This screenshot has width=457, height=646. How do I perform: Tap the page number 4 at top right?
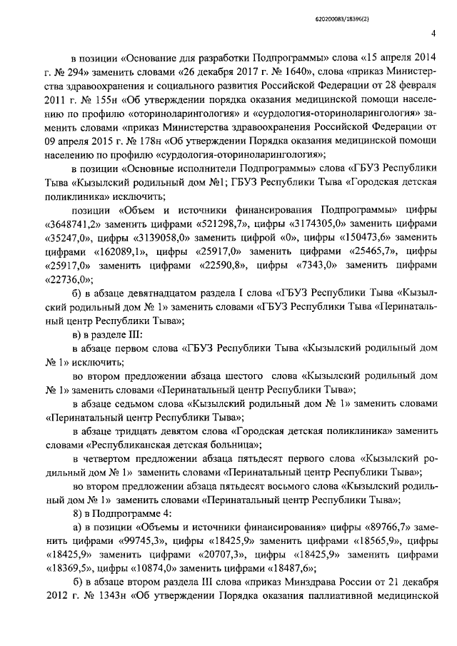(433, 32)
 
